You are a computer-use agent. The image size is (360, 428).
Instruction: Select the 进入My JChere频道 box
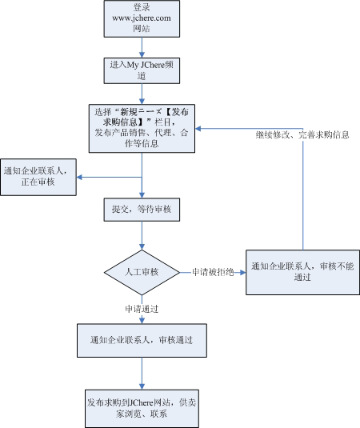pos(142,70)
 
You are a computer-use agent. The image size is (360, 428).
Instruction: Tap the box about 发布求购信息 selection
pos(142,127)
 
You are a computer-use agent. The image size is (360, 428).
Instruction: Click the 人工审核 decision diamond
pos(142,273)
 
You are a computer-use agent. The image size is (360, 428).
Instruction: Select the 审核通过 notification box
pos(142,340)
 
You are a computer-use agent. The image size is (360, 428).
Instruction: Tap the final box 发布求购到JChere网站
pos(142,408)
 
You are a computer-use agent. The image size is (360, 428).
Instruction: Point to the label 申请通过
pos(142,308)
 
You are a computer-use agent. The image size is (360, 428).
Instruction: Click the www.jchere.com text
pos(142,17)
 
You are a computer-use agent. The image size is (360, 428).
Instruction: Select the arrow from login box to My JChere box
pos(142,47)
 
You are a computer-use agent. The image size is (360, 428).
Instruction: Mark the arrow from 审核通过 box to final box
pos(142,373)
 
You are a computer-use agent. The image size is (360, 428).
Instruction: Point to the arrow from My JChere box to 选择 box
pos(142,94)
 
